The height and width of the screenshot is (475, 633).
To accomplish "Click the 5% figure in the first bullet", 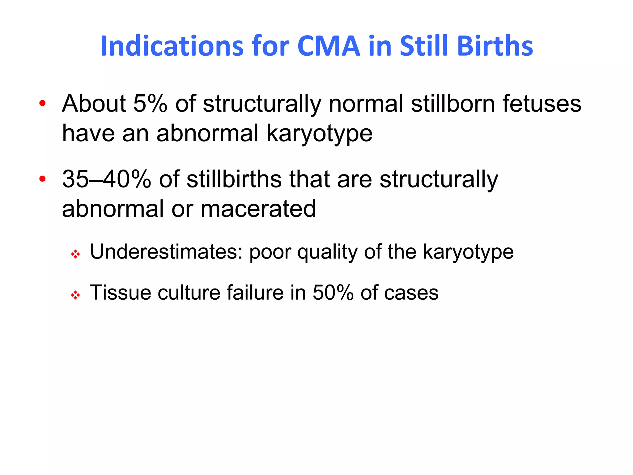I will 150,104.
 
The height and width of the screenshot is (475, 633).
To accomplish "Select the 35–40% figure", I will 106,179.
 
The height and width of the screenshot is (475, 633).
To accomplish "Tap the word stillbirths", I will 234,179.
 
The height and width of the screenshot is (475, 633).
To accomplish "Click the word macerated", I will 258,209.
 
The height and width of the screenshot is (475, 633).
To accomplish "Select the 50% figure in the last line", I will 333,293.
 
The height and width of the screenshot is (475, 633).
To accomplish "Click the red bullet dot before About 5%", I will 43,103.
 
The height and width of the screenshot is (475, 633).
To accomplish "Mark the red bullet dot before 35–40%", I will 43,178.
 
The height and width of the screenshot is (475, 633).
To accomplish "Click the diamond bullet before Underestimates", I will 75,255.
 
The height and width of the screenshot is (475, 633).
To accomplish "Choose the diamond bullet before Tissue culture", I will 75,295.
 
